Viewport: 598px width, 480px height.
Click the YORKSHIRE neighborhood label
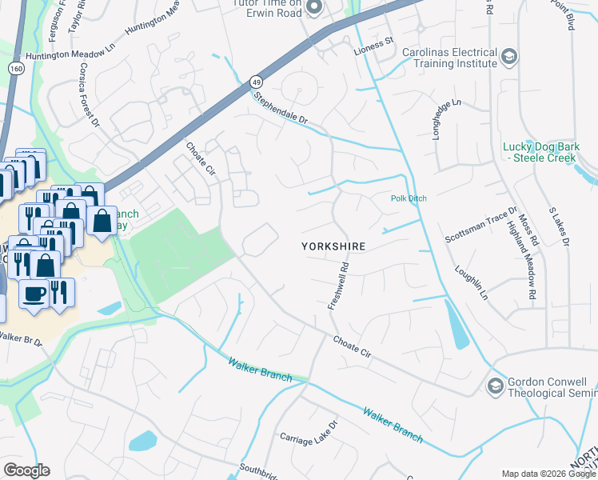pos(333,247)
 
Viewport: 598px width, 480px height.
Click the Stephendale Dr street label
pos(281,109)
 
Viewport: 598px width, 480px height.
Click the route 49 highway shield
pos(255,82)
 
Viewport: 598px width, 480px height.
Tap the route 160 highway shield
pos(15,70)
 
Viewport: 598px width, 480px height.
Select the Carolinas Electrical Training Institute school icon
pos(509,57)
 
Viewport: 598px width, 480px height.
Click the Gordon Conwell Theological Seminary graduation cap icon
pos(495,386)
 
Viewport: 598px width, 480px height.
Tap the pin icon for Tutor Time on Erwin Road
pos(313,8)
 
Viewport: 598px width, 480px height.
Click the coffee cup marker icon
pos(34,294)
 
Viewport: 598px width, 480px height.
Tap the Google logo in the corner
pos(26,470)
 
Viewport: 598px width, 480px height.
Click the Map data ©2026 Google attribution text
pos(548,474)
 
